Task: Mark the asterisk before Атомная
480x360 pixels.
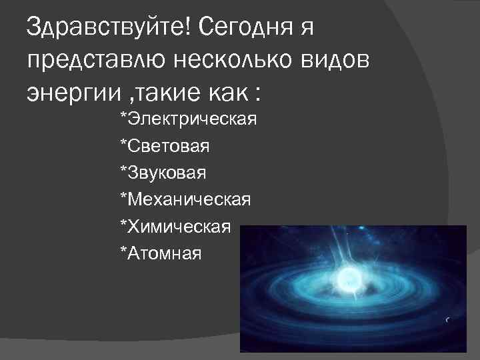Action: tap(123, 251)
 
